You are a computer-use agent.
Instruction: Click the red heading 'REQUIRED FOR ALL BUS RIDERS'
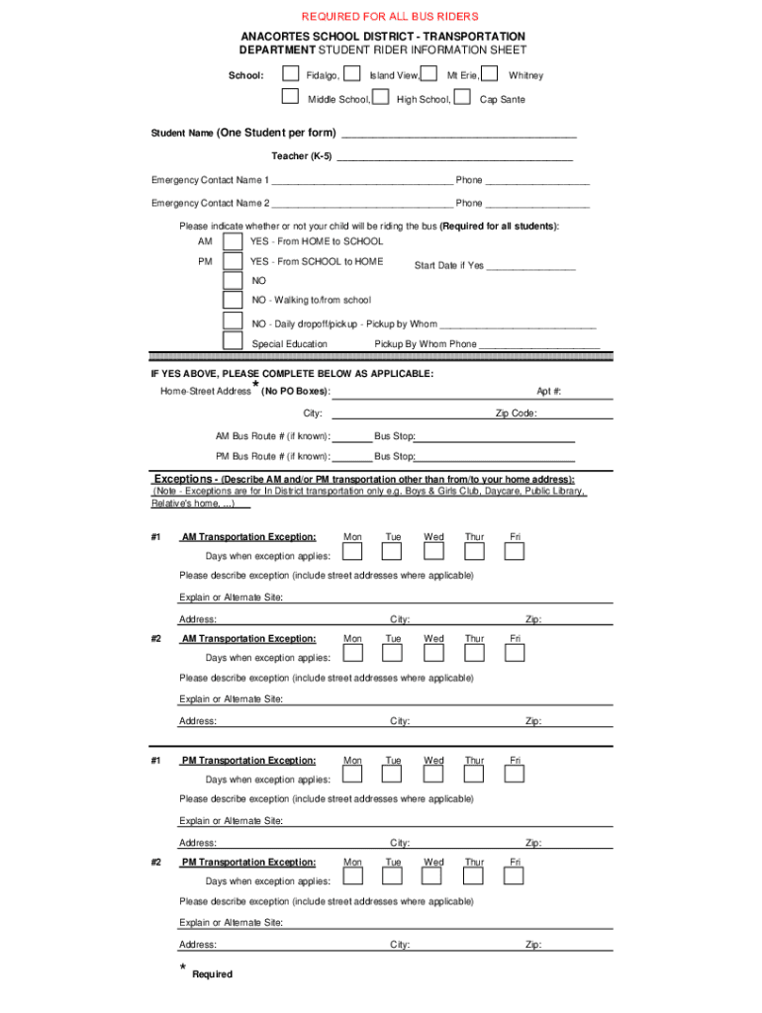pyautogui.click(x=389, y=17)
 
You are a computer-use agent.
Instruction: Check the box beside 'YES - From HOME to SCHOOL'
pyautogui.click(x=233, y=242)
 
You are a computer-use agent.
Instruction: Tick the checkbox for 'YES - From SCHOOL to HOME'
pyautogui.click(x=233, y=262)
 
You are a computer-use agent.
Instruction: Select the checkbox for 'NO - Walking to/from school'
pyautogui.click(x=233, y=301)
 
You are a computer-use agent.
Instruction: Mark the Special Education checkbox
pyautogui.click(x=233, y=341)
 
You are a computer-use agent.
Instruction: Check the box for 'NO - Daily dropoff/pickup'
pyautogui.click(x=233, y=322)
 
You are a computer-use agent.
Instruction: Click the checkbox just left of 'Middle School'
pyautogui.click(x=290, y=97)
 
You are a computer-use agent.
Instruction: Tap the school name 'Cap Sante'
pyautogui.click(x=502, y=100)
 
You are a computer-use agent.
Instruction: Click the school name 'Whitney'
pyautogui.click(x=525, y=75)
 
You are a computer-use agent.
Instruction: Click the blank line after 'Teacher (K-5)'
pyautogui.click(x=454, y=156)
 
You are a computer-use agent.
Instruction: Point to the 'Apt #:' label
pyautogui.click(x=549, y=392)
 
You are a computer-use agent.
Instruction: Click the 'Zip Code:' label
pyautogui.click(x=516, y=414)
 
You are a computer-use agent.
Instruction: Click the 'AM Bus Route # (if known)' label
pyautogui.click(x=273, y=436)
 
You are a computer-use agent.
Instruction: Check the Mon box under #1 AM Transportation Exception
pyautogui.click(x=352, y=552)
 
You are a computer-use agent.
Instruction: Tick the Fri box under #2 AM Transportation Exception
pyautogui.click(x=515, y=654)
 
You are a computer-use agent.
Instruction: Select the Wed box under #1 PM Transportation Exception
pyautogui.click(x=433, y=775)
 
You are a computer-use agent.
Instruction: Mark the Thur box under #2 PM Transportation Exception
pyautogui.click(x=474, y=876)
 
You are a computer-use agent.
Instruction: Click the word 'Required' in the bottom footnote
pyautogui.click(x=213, y=974)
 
